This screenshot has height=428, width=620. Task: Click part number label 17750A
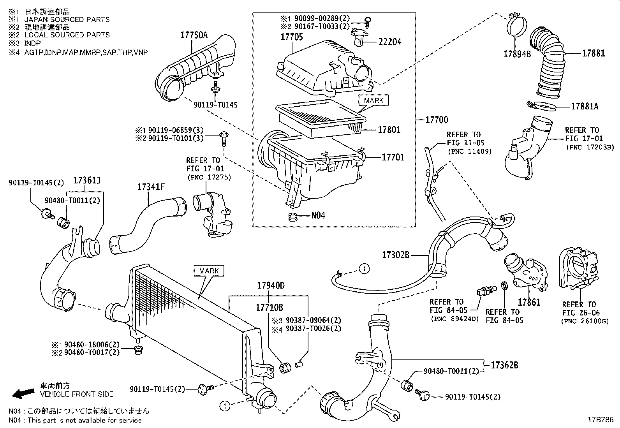[194, 35]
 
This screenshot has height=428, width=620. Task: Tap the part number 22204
[390, 42]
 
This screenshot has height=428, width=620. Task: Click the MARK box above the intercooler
[209, 271]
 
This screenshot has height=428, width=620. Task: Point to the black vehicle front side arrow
[23, 393]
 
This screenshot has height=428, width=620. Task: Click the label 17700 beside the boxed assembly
[437, 120]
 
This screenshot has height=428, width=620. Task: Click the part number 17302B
[396, 255]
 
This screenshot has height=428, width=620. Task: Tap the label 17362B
[504, 365]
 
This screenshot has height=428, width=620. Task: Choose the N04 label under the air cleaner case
[318, 215]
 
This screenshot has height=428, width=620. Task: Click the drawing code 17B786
[601, 420]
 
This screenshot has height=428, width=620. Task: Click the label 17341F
[151, 187]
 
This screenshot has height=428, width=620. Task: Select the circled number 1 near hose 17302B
[364, 269]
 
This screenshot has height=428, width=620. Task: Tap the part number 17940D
[271, 285]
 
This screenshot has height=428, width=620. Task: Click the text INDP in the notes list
[32, 43]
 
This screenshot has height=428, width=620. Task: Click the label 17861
[529, 302]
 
